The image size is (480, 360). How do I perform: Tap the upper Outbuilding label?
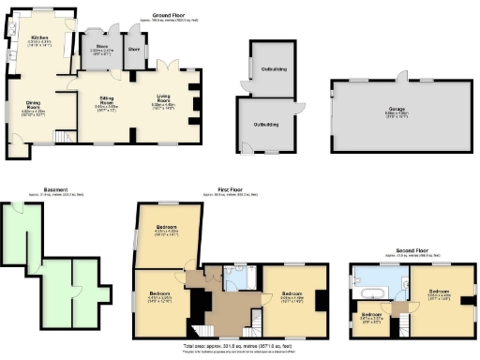pyautogui.click(x=275, y=67)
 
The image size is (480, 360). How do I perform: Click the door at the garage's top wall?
pyautogui.click(x=404, y=76)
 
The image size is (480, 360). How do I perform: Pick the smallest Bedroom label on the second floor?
pyautogui.click(x=372, y=315)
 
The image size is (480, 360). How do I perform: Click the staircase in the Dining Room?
pyautogui.click(x=64, y=138)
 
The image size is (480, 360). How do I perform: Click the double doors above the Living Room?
pyautogui.click(x=167, y=65)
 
